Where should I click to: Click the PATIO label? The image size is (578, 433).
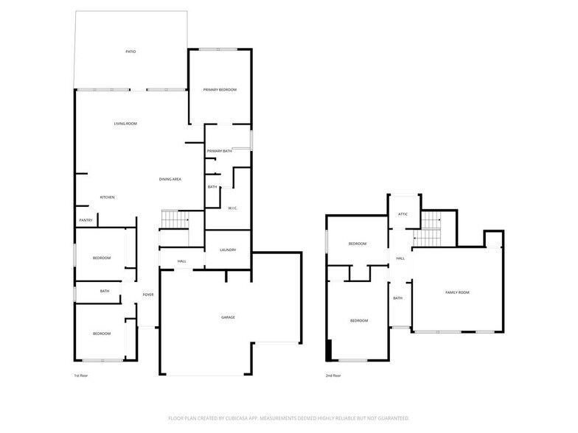tap(130, 52)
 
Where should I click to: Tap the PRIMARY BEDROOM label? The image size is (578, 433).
tap(220, 90)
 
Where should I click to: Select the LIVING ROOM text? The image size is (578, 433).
tap(125, 124)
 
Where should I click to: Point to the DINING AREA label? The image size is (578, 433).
tap(170, 180)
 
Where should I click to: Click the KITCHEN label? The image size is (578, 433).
tap(108, 197)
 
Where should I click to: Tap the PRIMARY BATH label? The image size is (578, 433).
tap(220, 152)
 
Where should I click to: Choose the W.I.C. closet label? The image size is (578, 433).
tap(231, 208)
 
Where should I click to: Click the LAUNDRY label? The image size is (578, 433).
tap(228, 250)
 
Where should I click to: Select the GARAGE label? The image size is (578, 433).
tap(228, 317)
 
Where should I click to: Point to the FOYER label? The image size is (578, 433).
tap(148, 295)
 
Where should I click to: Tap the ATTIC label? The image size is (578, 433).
tap(403, 214)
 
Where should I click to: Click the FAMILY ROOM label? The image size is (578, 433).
tap(457, 293)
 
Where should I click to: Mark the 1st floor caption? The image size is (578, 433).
tap(82, 376)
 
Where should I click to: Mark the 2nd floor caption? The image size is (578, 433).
tap(333, 376)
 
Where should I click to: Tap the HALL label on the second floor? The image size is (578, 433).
tap(401, 258)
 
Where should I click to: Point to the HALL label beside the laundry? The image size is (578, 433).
tap(182, 261)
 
